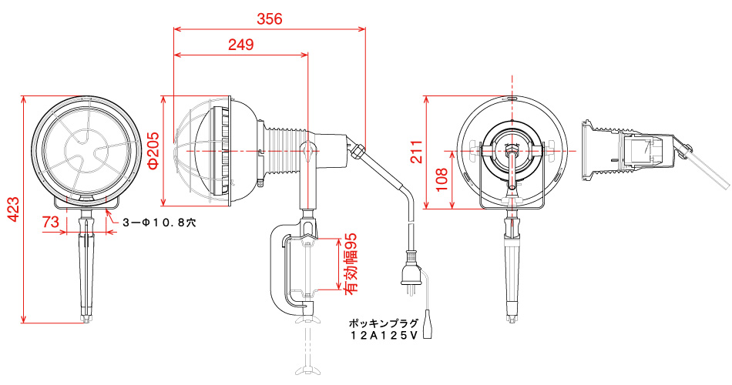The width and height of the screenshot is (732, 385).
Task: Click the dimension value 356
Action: (270, 18)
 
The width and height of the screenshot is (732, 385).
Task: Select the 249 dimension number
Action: (241, 45)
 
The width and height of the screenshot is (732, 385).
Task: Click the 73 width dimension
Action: (51, 222)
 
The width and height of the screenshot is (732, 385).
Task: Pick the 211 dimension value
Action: (416, 151)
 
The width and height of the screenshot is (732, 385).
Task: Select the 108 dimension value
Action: (441, 179)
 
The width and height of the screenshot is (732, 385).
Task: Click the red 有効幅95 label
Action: (351, 263)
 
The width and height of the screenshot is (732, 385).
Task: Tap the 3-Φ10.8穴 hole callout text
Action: (159, 223)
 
